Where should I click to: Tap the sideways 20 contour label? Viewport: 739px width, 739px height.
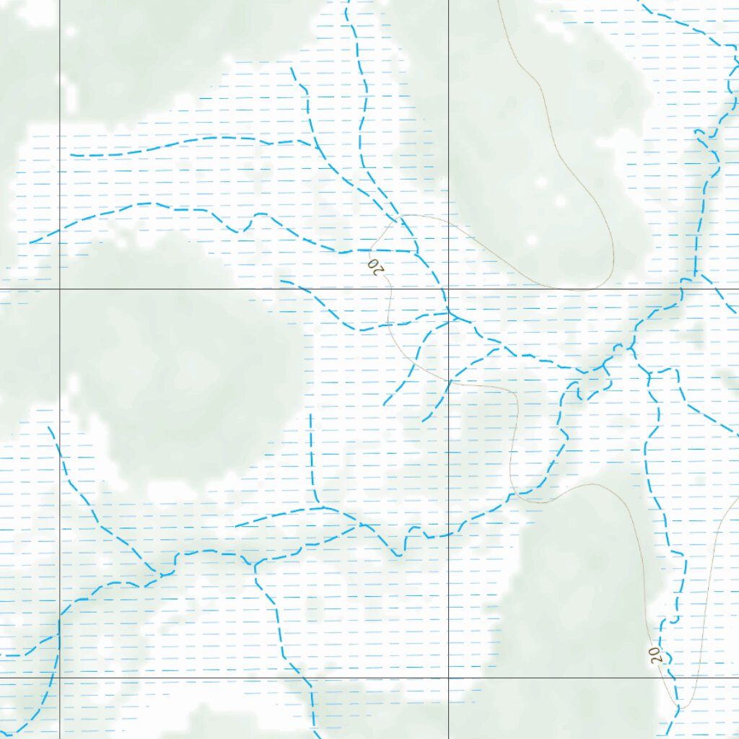[x=655, y=655]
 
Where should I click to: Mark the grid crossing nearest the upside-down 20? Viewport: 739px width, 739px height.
[x=448, y=289]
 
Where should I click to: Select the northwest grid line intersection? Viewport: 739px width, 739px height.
[x=59, y=289]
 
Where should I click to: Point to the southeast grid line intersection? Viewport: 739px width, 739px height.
[x=448, y=678]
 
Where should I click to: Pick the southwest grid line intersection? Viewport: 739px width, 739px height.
[x=59, y=678]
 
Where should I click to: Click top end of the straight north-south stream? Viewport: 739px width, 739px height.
[x=310, y=414]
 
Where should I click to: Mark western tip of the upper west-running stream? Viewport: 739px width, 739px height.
[x=70, y=154]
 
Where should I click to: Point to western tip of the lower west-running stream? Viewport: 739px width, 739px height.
[x=30, y=242]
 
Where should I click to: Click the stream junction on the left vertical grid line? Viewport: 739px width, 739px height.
[x=60, y=613]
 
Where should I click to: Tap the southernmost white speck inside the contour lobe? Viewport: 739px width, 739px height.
[x=532, y=239]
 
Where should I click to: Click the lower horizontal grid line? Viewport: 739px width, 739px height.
[x=217, y=678]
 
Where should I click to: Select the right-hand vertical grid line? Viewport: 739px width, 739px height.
[x=448, y=144]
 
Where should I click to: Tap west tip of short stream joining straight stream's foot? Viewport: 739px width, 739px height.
[x=236, y=526]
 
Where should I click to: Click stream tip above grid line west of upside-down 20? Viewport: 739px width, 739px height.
[x=281, y=281]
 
